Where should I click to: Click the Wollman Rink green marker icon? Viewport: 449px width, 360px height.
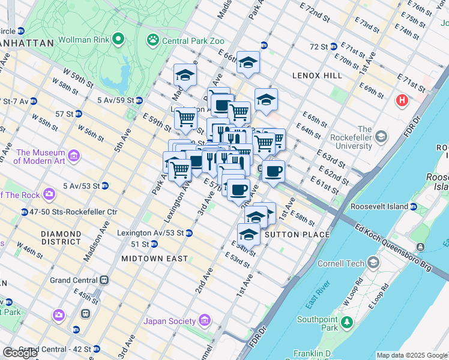pyautogui.click(x=118, y=40)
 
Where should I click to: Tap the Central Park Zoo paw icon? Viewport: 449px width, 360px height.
pyautogui.click(x=153, y=40)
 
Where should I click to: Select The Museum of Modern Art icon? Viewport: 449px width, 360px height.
pyautogui.click(x=74, y=157)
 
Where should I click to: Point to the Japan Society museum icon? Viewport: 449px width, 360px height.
pyautogui.click(x=205, y=321)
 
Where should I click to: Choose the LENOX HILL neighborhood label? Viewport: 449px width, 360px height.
pyautogui.click(x=317, y=76)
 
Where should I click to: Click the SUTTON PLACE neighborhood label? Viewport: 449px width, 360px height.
pyautogui.click(x=297, y=235)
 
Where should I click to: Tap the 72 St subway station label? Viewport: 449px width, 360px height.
pyautogui.click(x=319, y=46)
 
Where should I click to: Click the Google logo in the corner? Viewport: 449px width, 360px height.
pyautogui.click(x=20, y=352)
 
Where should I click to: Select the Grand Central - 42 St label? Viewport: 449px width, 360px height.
pyautogui.click(x=55, y=349)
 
